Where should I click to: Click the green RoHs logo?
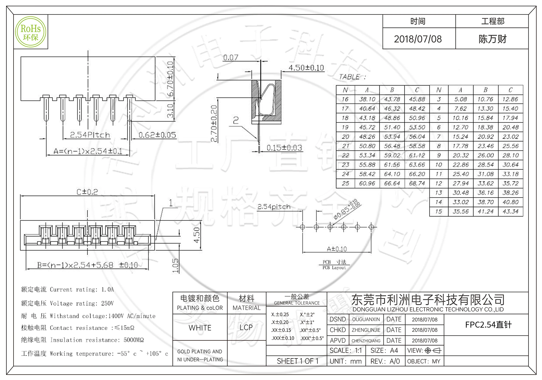click(x=31, y=32)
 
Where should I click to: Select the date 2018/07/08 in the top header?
click(x=418, y=39)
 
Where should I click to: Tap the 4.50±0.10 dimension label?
click(x=306, y=68)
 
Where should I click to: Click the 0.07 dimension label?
click(x=231, y=58)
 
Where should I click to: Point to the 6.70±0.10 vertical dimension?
click(x=170, y=79)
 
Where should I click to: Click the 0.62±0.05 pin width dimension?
click(x=157, y=135)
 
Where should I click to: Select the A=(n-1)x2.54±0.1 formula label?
click(x=88, y=151)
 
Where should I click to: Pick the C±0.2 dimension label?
click(x=87, y=192)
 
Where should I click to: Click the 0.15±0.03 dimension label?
click(x=284, y=148)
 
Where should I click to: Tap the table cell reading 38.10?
click(x=367, y=99)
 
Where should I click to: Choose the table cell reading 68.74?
click(x=417, y=183)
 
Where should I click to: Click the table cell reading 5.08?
click(x=460, y=99)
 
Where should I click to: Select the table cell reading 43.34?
click(x=510, y=211)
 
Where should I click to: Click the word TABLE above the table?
click(x=349, y=77)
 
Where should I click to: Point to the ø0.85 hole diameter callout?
click(x=346, y=210)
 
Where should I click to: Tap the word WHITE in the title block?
click(x=200, y=328)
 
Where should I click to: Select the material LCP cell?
click(x=246, y=328)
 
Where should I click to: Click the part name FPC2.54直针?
click(x=488, y=325)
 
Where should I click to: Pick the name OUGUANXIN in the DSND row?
click(x=366, y=319)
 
